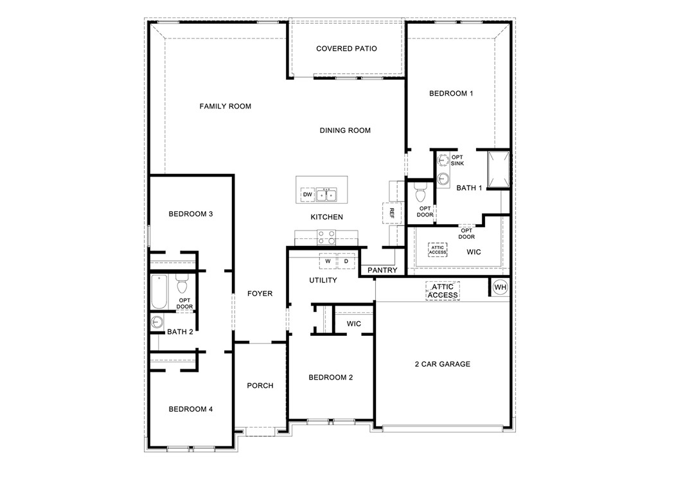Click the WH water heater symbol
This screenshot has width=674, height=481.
(x=500, y=286)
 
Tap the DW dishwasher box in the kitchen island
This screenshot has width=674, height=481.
(x=307, y=195)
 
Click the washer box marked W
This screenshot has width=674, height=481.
(x=328, y=261)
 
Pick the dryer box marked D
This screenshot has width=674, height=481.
(x=346, y=261)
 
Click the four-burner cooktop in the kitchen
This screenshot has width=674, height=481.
(x=327, y=237)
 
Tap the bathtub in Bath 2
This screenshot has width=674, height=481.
(x=158, y=293)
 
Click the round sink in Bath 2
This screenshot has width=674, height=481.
(x=157, y=322)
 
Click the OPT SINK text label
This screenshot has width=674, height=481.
(x=457, y=161)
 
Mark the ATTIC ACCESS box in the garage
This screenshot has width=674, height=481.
(x=443, y=291)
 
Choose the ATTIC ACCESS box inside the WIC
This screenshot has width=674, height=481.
(x=438, y=250)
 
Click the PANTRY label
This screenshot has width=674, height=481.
(x=382, y=270)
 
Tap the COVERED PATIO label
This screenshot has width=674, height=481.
(x=346, y=49)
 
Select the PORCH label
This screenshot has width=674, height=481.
(x=260, y=386)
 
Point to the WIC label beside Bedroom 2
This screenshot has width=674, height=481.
(x=353, y=324)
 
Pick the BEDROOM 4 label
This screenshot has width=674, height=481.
(x=190, y=409)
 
